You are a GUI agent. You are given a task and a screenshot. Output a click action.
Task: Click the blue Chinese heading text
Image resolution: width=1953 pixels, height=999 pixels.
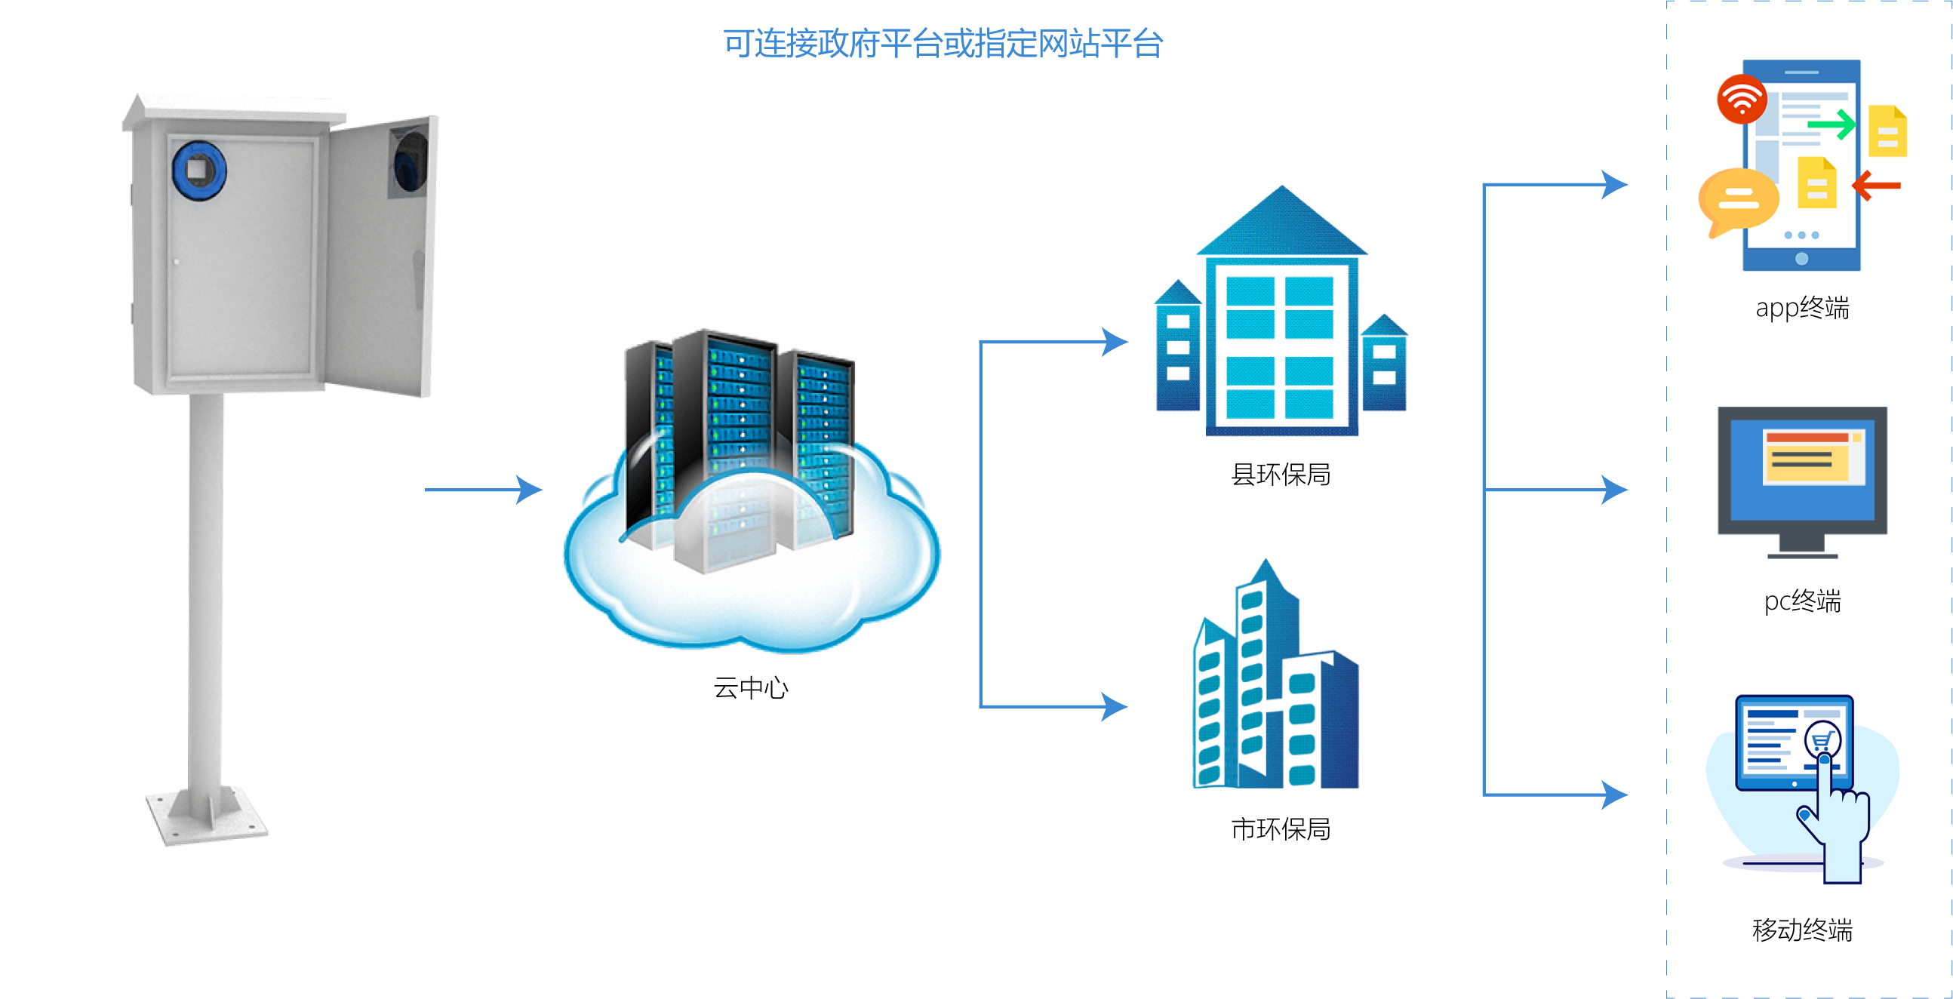(x=943, y=43)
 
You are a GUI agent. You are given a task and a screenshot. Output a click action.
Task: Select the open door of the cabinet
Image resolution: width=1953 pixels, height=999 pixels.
(x=383, y=258)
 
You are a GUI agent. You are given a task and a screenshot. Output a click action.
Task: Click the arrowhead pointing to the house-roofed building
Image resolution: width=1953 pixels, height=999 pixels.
(x=1115, y=342)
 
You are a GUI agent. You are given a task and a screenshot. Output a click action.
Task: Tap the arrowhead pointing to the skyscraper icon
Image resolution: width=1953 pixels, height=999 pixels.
(x=1115, y=706)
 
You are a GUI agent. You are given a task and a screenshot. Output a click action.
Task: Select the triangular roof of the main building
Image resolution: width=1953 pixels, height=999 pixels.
(x=1281, y=224)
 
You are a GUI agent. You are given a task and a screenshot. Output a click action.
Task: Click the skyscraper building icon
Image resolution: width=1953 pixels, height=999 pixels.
(x=1279, y=675)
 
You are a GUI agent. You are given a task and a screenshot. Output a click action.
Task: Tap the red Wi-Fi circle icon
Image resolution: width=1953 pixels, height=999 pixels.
(x=1742, y=100)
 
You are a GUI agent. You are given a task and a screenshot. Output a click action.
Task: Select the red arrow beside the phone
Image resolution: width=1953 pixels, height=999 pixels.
(x=1877, y=186)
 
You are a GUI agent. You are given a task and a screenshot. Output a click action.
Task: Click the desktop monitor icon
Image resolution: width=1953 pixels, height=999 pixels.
(x=1802, y=478)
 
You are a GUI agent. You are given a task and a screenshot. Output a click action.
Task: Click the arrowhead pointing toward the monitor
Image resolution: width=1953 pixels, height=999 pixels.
(x=1615, y=490)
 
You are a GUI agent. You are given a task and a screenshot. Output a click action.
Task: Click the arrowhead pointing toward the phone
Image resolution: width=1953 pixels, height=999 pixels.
(x=1615, y=184)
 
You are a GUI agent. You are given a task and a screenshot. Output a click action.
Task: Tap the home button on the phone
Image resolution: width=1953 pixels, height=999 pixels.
(x=1802, y=259)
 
